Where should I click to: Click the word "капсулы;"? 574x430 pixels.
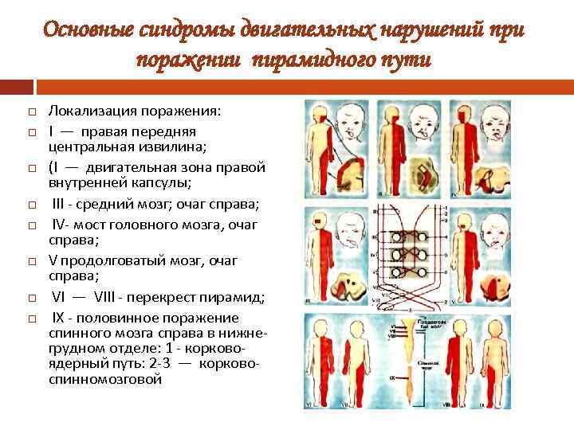tap(163, 182)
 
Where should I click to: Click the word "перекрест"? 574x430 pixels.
tap(164, 297)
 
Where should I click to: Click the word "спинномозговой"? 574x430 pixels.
tap(105, 380)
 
